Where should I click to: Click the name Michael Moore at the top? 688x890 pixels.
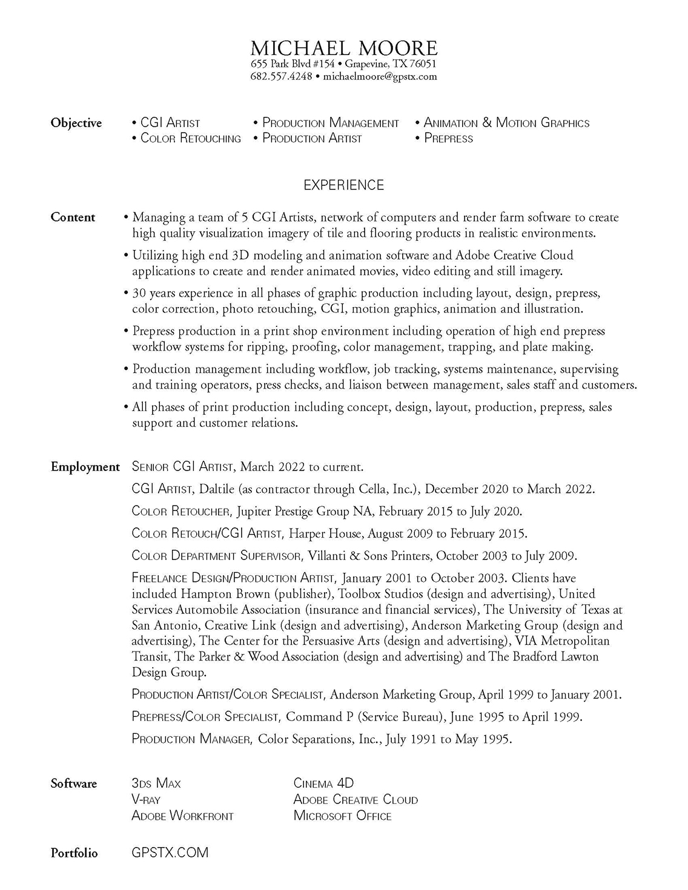pyautogui.click(x=343, y=48)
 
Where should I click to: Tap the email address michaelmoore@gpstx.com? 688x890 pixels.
pyautogui.click(x=380, y=76)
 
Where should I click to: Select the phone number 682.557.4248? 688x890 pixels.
pyautogui.click(x=281, y=76)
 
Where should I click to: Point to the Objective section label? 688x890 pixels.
pyautogui.click(x=76, y=123)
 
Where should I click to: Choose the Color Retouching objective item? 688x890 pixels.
pyautogui.click(x=190, y=139)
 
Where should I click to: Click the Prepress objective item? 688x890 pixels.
pyautogui.click(x=448, y=139)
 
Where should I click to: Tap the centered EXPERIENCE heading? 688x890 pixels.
pyautogui.click(x=343, y=185)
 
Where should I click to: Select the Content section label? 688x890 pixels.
pyautogui.click(x=73, y=217)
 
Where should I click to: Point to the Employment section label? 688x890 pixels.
pyautogui.click(x=85, y=467)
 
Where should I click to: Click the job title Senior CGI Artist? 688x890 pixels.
pyautogui.click(x=182, y=467)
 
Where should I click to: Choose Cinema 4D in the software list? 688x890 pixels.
pyautogui.click(x=323, y=783)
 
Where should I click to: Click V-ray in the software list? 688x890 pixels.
pyautogui.click(x=146, y=800)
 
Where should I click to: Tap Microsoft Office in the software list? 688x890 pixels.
pyautogui.click(x=342, y=816)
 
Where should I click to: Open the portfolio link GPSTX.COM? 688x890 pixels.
pyautogui.click(x=170, y=852)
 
